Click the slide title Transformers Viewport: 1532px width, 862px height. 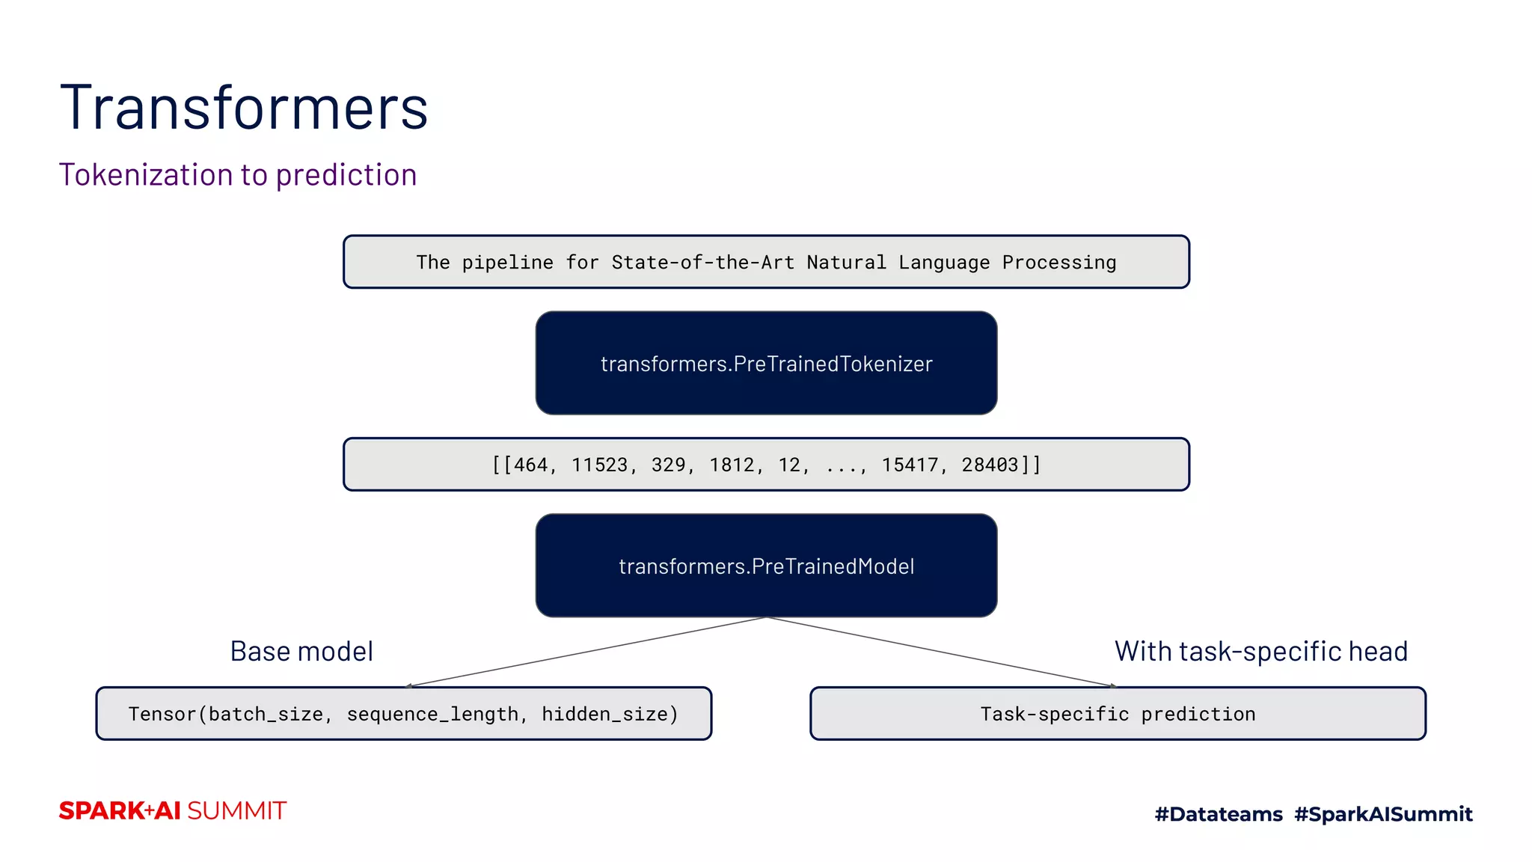pyautogui.click(x=244, y=108)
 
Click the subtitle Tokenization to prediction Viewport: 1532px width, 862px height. pyautogui.click(x=238, y=175)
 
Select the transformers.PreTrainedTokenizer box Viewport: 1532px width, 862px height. pyautogui.click(x=766, y=364)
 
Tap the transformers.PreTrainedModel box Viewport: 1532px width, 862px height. pyautogui.click(x=766, y=566)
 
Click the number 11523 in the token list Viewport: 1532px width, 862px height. pyautogui.click(x=600, y=465)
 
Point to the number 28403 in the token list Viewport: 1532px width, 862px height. pyautogui.click(x=990, y=465)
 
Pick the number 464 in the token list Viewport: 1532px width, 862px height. pyautogui.click(x=530, y=465)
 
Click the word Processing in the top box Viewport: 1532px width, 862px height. pyautogui.click(x=1058, y=263)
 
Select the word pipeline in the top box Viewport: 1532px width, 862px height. pyautogui.click(x=507, y=263)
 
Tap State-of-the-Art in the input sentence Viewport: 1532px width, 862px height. pyautogui.click(x=702, y=263)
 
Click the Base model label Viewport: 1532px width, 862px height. pyautogui.click(x=301, y=652)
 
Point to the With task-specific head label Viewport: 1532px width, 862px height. pyautogui.click(x=1261, y=652)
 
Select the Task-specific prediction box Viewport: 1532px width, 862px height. pyautogui.click(x=1118, y=714)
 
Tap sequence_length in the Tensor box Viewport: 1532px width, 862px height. pyautogui.click(x=432, y=715)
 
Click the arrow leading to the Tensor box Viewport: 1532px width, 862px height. pyautogui.click(x=583, y=652)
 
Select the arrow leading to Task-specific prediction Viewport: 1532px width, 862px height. pyautogui.click(x=943, y=652)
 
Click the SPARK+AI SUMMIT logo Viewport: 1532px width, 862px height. pyautogui.click(x=173, y=811)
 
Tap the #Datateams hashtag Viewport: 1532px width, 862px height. pyautogui.click(x=1219, y=814)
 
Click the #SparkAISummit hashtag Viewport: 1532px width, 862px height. pyautogui.click(x=1383, y=814)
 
